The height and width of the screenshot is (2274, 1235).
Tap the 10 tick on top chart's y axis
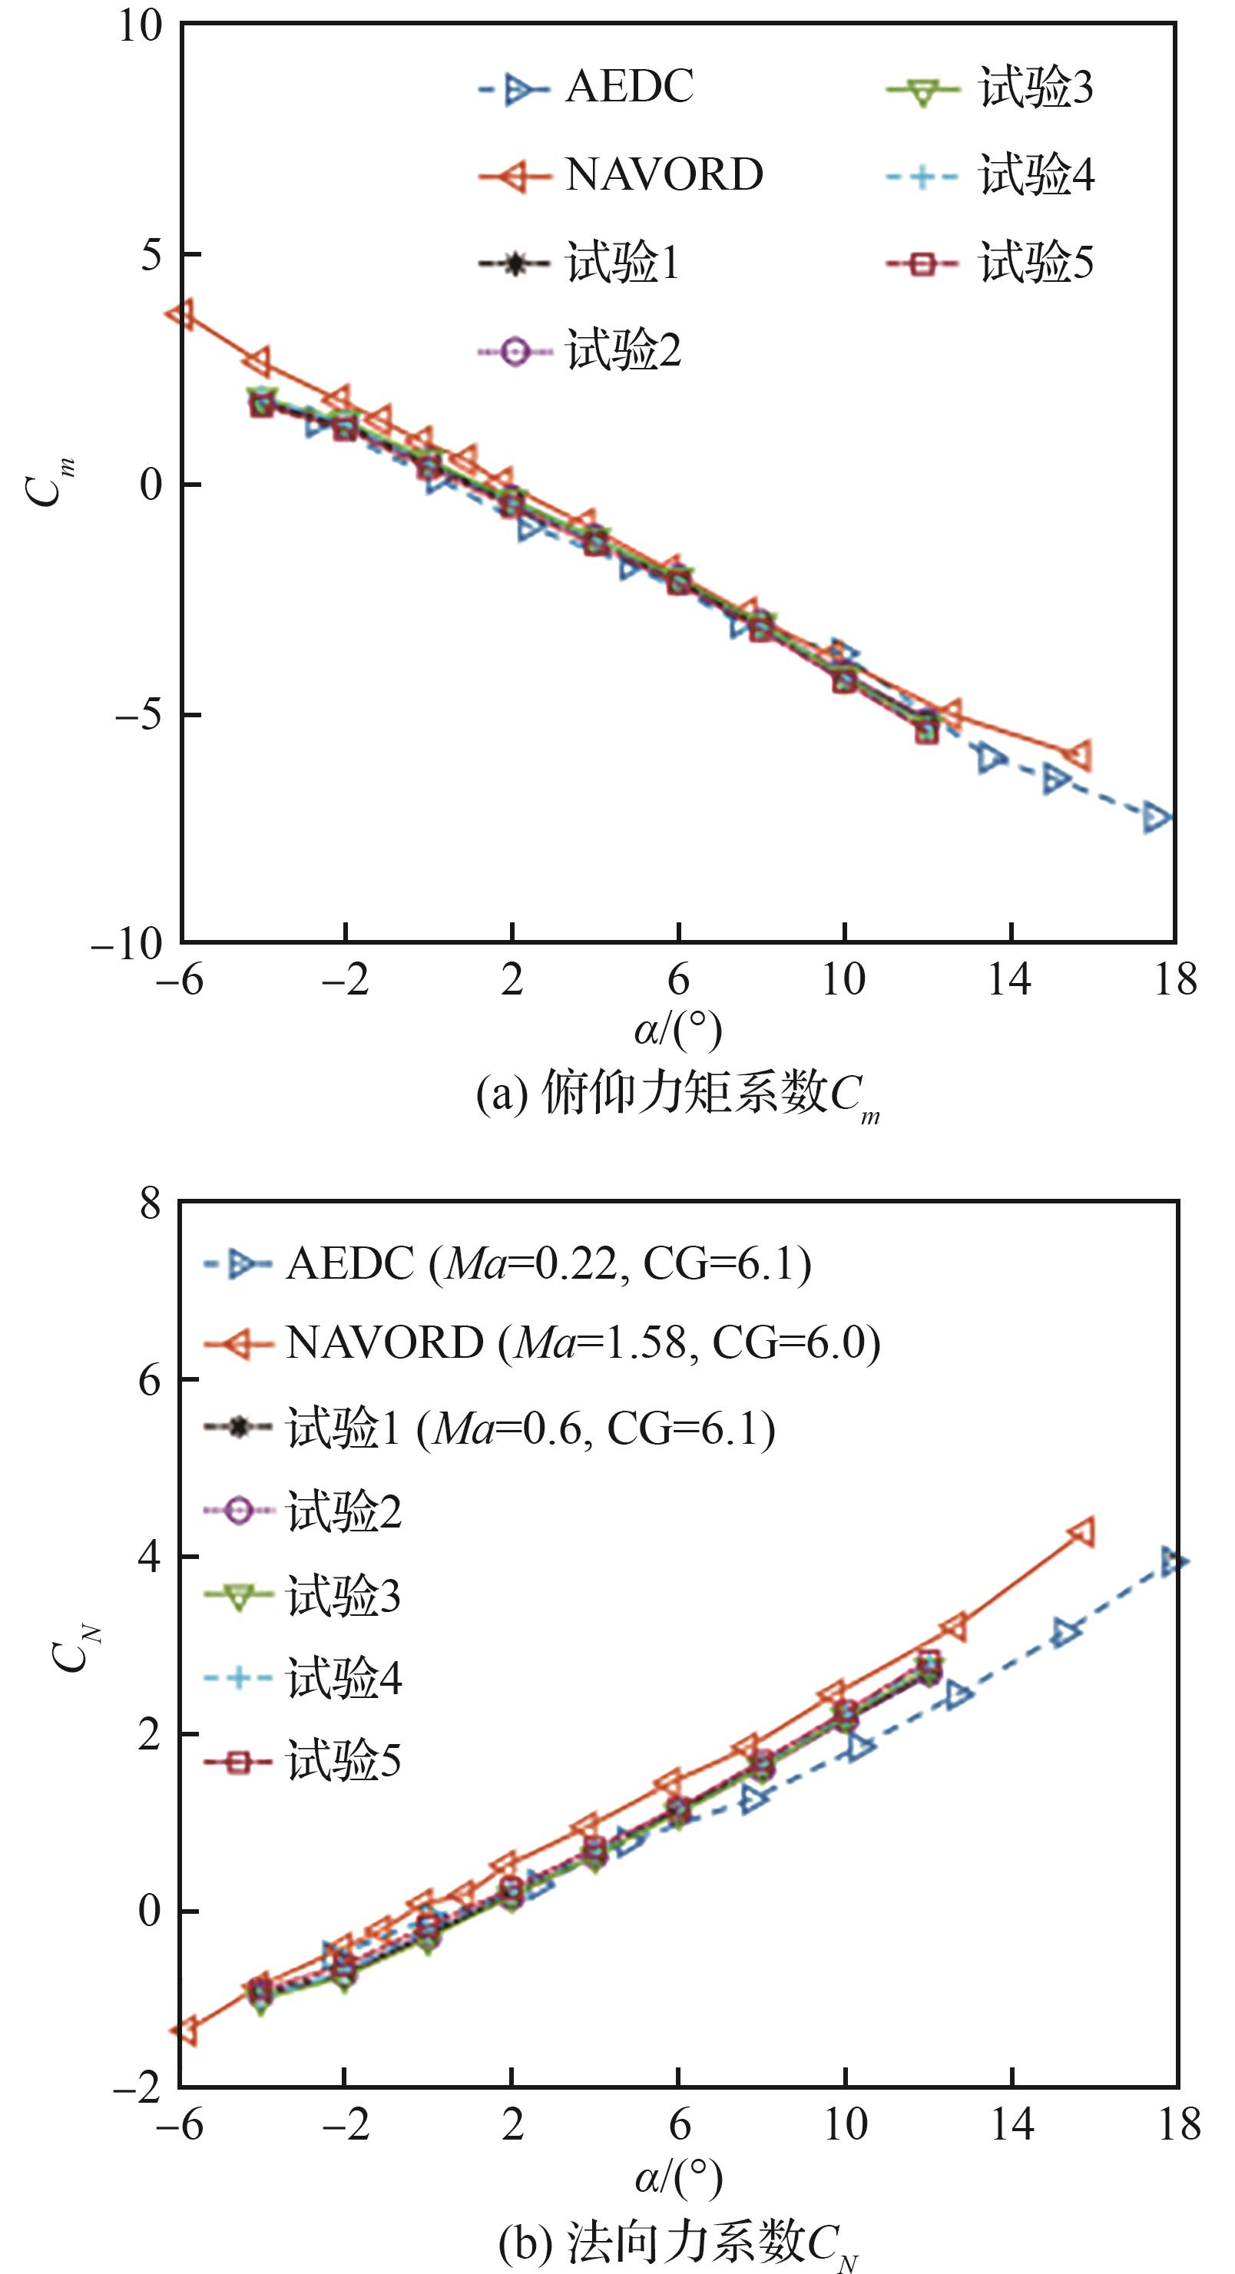141,26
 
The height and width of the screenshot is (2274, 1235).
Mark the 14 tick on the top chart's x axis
1009,980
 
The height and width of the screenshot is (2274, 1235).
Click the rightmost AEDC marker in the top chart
1157,817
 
